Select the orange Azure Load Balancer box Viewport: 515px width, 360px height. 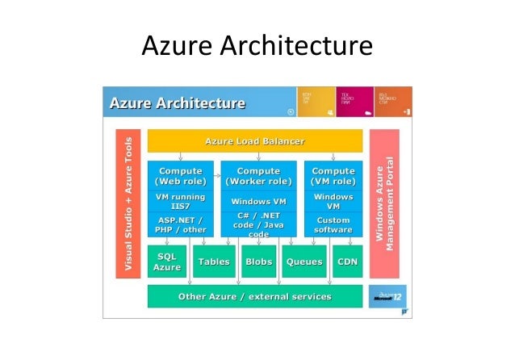tap(254, 141)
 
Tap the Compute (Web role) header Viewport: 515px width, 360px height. tap(181, 176)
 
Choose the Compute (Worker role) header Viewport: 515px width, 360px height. tap(258, 176)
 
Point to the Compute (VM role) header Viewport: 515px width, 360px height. tap(333, 176)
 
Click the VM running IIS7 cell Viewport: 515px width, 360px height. tap(181, 201)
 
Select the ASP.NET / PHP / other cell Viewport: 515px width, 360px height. tap(181, 224)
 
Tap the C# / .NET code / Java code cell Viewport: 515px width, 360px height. tap(258, 224)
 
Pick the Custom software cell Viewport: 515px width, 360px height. tap(333, 224)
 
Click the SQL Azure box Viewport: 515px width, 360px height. tap(167, 262)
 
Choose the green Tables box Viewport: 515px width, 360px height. tap(214, 262)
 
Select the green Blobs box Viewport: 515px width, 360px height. tap(258, 262)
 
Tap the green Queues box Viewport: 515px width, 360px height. tap(304, 262)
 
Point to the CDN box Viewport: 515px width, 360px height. tap(347, 262)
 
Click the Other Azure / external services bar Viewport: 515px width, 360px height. tap(254, 296)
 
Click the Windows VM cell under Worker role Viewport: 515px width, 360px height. tap(258, 201)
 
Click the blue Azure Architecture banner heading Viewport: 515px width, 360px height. tap(178, 103)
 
